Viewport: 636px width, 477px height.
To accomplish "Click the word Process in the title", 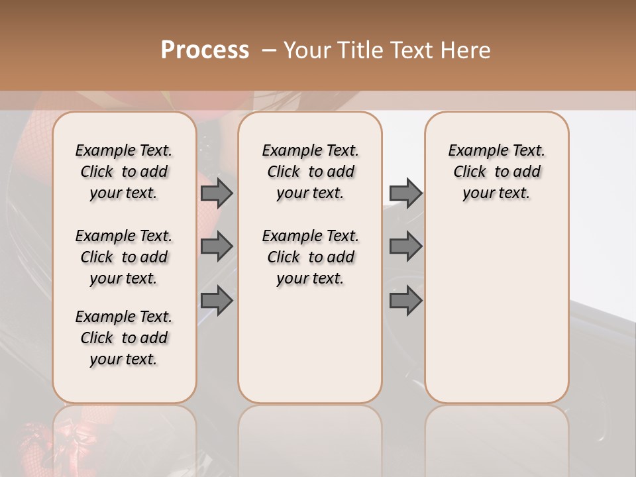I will (x=205, y=50).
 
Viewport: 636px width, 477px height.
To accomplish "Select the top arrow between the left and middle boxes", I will (x=217, y=193).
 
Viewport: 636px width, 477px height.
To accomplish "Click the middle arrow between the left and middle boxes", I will (x=217, y=246).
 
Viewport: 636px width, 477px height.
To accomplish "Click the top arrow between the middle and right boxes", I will (x=405, y=193).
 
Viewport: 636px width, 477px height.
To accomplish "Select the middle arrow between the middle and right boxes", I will (x=405, y=246).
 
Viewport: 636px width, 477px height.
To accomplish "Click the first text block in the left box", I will (x=124, y=172).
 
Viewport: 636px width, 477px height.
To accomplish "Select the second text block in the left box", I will (x=124, y=257).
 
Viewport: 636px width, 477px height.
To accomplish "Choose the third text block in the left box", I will (x=124, y=338).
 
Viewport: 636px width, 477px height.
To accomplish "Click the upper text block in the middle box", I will (x=310, y=172).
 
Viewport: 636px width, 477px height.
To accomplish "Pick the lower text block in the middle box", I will (x=310, y=257).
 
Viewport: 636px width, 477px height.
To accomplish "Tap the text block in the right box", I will (x=496, y=172).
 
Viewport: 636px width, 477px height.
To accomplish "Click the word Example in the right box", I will (x=473, y=150).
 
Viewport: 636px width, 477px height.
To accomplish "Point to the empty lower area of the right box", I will (x=496, y=311).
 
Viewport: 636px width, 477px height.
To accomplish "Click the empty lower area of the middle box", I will (x=310, y=344).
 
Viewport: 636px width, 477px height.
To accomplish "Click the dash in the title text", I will (x=268, y=50).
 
